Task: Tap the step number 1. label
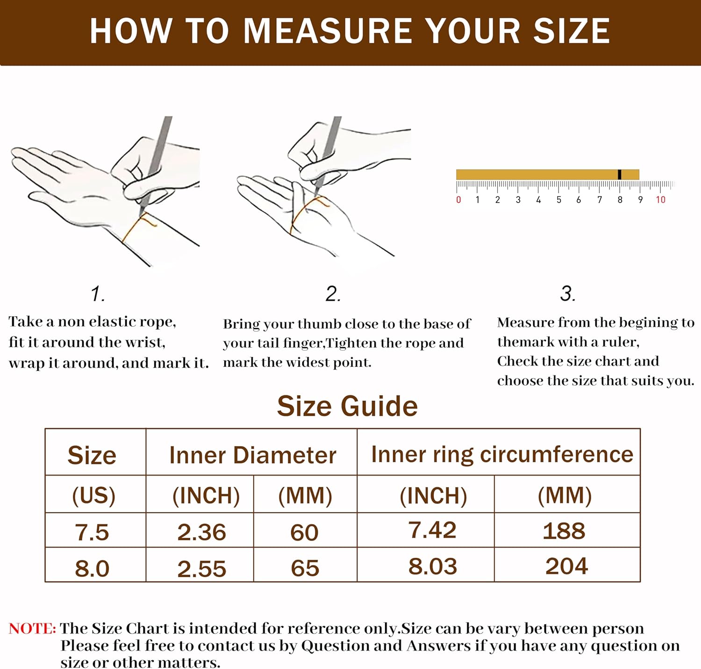point(98,294)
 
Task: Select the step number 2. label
point(333,294)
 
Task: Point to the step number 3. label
point(568,293)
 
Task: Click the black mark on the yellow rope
point(619,174)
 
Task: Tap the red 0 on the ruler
point(458,200)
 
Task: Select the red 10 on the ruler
point(660,200)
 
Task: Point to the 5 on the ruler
point(558,200)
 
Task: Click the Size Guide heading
point(347,406)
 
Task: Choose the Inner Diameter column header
point(252,455)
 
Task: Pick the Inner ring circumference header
point(502,454)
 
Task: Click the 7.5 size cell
point(92,532)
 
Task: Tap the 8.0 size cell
point(92,568)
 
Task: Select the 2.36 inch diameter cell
point(201,532)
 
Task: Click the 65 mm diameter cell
point(305,568)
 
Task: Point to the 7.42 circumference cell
point(432,530)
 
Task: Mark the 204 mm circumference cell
point(566,566)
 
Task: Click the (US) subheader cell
point(93,495)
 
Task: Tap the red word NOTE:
point(32,628)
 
